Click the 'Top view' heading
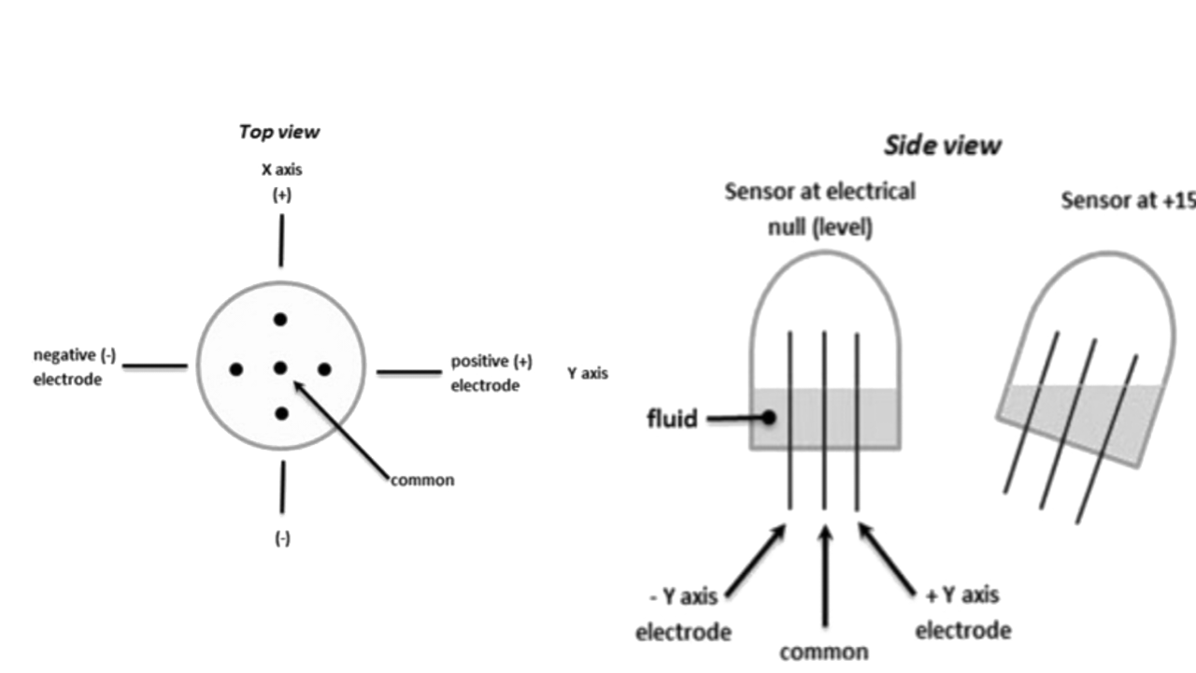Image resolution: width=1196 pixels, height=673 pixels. point(278,132)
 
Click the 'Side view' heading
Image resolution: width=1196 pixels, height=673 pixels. point(942,146)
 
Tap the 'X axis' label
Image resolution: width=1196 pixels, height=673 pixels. point(281,170)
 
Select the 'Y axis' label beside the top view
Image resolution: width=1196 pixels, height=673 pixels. point(587,374)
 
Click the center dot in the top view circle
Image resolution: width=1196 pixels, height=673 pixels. point(279,368)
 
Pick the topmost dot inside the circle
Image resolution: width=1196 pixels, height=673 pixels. point(279,320)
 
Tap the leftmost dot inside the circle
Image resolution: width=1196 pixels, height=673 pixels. point(235,370)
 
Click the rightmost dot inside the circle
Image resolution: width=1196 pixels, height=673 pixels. point(324,370)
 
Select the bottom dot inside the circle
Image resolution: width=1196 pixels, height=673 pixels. point(280,413)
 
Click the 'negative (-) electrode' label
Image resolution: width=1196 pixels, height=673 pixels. point(74,367)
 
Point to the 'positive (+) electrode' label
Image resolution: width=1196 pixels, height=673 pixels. point(491,373)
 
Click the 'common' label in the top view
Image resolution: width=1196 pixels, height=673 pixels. point(422,480)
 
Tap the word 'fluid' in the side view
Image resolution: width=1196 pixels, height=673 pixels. point(672,419)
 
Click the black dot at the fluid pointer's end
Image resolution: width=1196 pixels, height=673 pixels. point(768,418)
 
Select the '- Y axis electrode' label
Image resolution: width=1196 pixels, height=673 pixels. point(683,613)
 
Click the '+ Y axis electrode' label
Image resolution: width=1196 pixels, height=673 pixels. point(962,612)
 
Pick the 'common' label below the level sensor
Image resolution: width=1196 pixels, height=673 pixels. point(823,652)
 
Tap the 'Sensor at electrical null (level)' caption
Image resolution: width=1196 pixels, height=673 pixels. point(819,209)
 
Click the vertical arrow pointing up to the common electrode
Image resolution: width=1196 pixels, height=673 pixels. point(824,575)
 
